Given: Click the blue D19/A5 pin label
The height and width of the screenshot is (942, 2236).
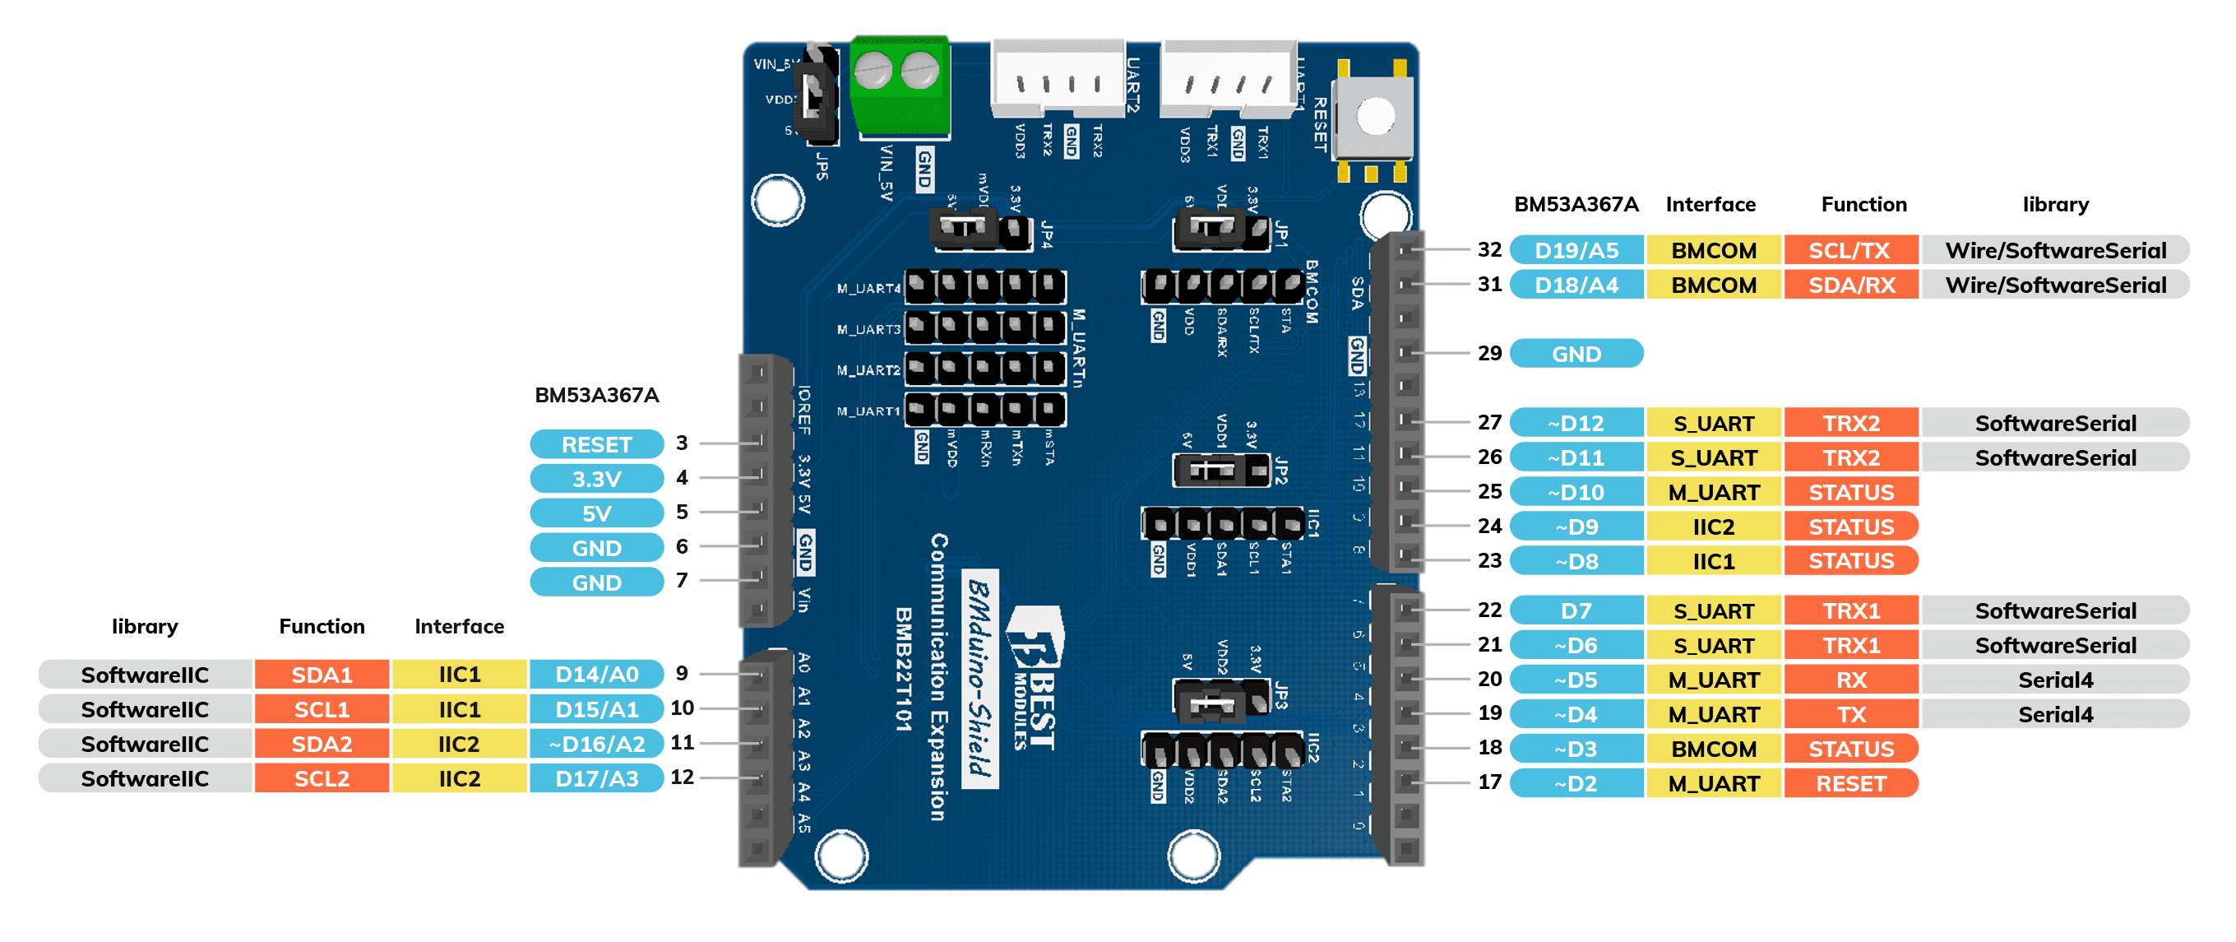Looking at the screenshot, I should [x=1576, y=250].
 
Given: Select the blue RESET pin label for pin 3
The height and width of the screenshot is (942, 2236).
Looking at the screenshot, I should [x=596, y=444].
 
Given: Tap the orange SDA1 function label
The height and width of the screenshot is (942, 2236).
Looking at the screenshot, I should [x=322, y=675].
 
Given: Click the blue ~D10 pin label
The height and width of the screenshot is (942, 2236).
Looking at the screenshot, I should [x=1576, y=492].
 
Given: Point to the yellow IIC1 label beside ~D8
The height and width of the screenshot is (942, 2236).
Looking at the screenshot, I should [x=1714, y=562].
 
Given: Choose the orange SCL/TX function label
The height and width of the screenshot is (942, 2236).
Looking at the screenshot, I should [x=1849, y=250].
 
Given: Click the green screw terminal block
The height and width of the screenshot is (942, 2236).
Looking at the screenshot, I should [x=900, y=87].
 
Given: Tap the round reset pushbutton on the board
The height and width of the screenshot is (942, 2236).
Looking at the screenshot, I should [x=1375, y=115].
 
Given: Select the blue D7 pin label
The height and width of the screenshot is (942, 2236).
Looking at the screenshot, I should [x=1576, y=611].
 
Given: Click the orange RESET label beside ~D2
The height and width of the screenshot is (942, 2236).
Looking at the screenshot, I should [x=1849, y=784].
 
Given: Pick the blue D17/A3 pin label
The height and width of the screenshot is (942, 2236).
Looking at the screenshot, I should [x=596, y=779].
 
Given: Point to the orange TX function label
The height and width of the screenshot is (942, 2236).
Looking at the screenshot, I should [x=1849, y=715].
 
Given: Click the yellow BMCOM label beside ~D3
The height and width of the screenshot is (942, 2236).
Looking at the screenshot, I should [x=1714, y=749].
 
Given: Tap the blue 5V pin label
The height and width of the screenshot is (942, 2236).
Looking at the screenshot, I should [x=596, y=514].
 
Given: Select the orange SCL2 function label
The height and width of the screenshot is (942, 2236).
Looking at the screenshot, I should [x=322, y=779].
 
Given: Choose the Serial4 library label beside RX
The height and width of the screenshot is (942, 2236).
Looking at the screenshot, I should [x=2054, y=680].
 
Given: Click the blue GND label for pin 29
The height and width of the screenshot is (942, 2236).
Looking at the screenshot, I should [x=1576, y=355].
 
